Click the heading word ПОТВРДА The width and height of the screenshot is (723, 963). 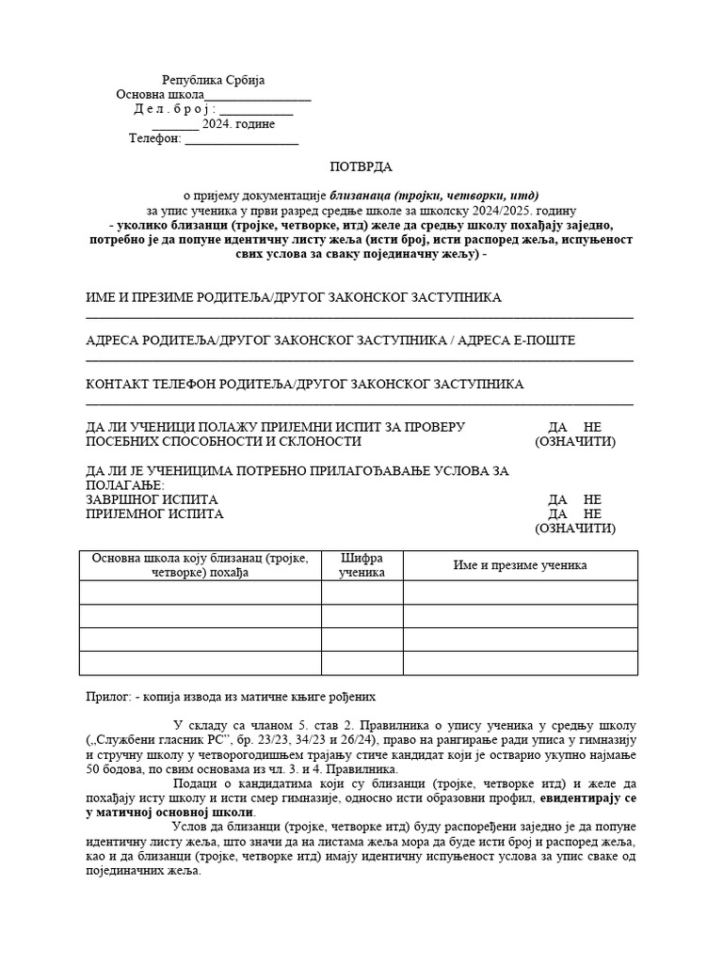click(361, 166)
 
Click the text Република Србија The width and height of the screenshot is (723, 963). click(219, 81)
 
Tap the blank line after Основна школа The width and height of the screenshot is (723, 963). click(257, 96)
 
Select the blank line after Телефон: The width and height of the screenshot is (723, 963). click(241, 140)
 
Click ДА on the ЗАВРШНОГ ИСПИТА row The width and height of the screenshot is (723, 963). click(557, 499)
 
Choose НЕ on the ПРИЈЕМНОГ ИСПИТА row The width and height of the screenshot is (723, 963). click(592, 514)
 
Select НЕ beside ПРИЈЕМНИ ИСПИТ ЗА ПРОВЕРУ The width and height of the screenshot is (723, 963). click(592, 427)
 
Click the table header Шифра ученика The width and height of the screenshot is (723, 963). click(362, 565)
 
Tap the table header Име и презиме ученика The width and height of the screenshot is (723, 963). click(520, 565)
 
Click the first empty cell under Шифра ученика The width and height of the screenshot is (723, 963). click(362, 592)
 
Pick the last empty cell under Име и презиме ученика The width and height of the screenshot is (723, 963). click(520, 663)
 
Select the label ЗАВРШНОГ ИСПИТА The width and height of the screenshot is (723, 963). click(152, 499)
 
